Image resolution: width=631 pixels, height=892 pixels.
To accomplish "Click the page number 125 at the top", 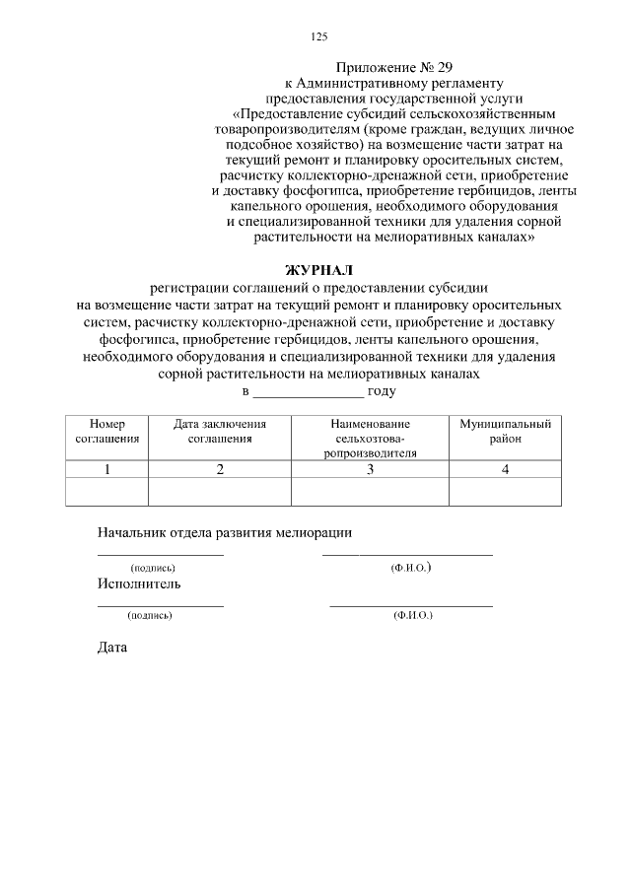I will tap(318, 36).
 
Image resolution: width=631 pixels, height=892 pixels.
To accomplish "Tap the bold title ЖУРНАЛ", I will tap(317, 270).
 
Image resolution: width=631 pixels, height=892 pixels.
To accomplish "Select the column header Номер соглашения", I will tap(106, 431).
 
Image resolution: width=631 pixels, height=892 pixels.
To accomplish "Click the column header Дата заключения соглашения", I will tap(220, 431).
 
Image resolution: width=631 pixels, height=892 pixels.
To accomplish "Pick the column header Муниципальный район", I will tap(505, 431).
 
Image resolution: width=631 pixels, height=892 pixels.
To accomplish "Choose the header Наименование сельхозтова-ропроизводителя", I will tap(370, 438).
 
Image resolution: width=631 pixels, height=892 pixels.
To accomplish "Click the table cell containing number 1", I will tap(106, 470).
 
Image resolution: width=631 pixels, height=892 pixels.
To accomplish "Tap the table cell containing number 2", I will tap(220, 470).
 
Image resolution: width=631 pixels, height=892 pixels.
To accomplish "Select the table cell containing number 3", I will tap(370, 470).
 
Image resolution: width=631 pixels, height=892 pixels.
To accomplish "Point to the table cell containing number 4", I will tap(505, 470).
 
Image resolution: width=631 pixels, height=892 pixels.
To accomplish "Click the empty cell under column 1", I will tap(106, 491).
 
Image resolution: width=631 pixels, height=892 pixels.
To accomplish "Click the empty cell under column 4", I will tap(505, 491).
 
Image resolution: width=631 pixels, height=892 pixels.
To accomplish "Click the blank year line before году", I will tap(309, 391).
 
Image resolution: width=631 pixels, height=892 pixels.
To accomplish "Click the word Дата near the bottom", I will tap(112, 649).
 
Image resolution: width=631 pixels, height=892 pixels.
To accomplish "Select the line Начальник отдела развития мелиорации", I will tap(224, 532).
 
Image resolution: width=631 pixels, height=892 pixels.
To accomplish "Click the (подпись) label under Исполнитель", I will tap(150, 615).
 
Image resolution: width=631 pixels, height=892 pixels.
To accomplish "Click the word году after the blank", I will tap(382, 390).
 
